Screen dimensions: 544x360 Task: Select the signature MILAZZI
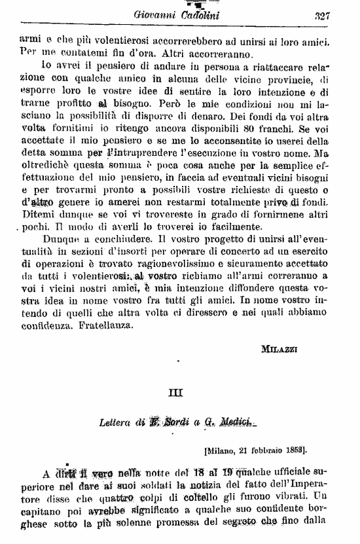pos(279,348)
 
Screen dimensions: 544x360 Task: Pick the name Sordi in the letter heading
pos(180,422)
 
